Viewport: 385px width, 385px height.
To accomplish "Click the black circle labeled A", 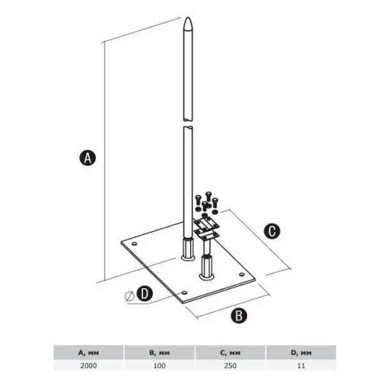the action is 88,158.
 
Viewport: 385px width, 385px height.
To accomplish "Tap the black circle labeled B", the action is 239,315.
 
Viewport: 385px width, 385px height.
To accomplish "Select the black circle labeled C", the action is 272,231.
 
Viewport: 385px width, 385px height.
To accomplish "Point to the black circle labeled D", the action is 144,293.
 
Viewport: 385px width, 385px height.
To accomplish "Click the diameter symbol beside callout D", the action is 130,296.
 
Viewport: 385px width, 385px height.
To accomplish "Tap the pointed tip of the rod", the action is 188,17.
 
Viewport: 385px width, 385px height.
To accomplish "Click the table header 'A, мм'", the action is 89,353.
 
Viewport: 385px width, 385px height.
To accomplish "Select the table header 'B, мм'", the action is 159,353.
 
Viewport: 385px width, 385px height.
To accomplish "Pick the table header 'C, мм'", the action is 230,353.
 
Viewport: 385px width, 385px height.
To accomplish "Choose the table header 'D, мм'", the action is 301,353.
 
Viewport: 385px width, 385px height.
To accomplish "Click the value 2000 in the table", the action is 89,366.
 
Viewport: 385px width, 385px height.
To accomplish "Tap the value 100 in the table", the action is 159,366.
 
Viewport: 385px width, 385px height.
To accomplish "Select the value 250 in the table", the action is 230,366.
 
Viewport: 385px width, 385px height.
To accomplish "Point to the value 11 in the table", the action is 301,366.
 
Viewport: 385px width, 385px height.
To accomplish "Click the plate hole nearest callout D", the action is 184,293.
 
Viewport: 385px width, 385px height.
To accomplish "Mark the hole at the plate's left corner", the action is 134,244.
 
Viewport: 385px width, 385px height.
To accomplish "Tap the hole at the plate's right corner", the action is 242,274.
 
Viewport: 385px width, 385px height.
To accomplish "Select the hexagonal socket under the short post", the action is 207,268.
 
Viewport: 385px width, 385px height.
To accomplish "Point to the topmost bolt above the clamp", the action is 209,196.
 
